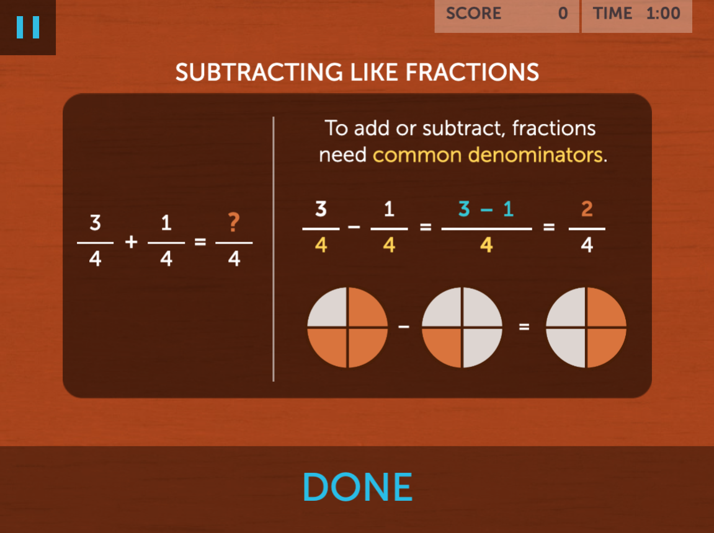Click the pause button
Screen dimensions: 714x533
28,27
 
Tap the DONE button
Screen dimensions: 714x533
357,487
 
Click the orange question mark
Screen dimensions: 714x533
234,222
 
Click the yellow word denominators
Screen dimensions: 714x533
535,155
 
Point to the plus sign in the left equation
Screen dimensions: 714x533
131,242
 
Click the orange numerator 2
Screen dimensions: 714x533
587,209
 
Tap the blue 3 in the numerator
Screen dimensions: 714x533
464,209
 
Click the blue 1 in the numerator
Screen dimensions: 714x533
508,209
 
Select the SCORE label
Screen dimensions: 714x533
473,13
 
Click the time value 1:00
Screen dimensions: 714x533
663,13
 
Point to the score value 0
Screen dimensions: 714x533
563,13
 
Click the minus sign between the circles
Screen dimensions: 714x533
404,327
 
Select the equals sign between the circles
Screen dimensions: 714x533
524,327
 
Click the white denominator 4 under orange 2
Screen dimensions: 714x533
587,245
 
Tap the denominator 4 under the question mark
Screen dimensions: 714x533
234,259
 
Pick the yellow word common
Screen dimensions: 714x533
417,155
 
